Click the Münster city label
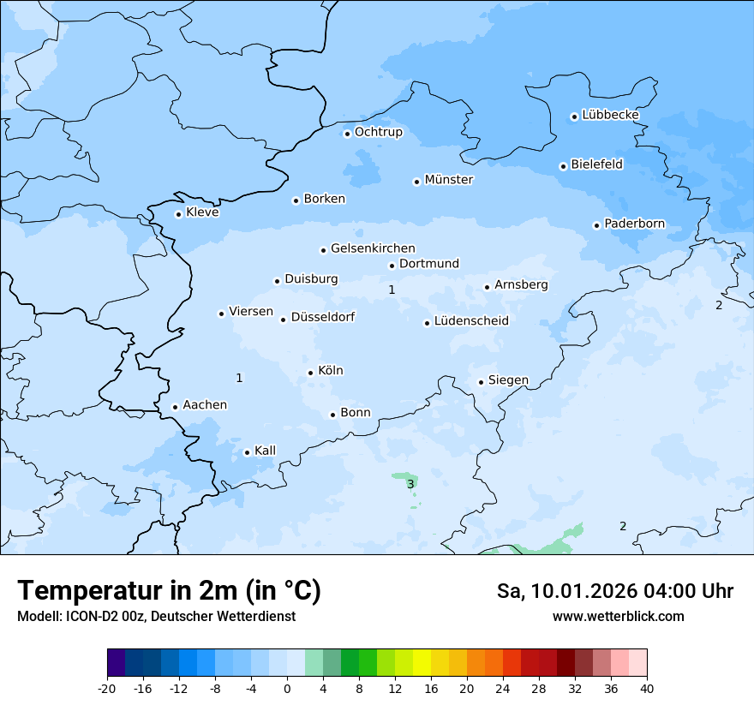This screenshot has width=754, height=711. click(448, 180)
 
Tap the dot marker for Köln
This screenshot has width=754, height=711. click(311, 373)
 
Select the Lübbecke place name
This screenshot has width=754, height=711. click(610, 115)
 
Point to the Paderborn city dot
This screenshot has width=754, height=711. click(596, 225)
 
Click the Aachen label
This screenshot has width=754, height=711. click(205, 405)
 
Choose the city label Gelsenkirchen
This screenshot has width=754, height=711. click(373, 248)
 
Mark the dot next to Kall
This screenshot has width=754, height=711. click(247, 452)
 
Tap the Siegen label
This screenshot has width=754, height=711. click(508, 380)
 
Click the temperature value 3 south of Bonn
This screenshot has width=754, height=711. click(410, 485)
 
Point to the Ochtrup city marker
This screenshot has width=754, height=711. click(348, 133)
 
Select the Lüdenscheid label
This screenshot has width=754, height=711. click(471, 321)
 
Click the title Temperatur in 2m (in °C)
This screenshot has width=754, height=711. click(169, 591)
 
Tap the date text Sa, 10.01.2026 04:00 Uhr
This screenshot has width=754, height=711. click(614, 591)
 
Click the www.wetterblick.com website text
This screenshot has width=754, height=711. click(618, 617)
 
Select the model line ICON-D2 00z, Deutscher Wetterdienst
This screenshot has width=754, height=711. click(156, 617)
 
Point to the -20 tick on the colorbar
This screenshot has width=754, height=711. click(107, 688)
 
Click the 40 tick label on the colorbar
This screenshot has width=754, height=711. click(646, 688)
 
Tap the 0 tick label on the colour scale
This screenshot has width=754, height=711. click(287, 688)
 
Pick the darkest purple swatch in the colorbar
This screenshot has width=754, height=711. click(117, 663)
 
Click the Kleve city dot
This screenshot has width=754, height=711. click(178, 214)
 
